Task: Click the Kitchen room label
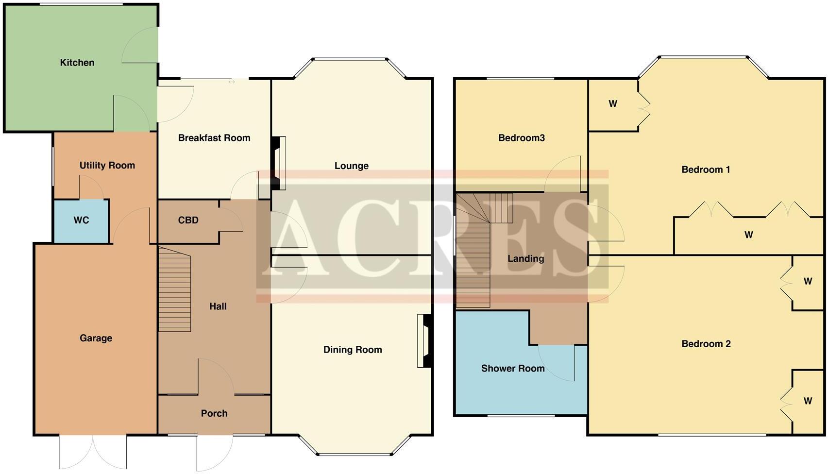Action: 77,63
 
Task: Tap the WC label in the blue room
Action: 81,220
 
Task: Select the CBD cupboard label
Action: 188,220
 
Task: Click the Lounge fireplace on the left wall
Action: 279,163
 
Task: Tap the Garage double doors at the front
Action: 93,452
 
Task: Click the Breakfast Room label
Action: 214,138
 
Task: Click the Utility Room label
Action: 107,166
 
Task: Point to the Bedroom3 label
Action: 521,138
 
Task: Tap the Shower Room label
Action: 512,369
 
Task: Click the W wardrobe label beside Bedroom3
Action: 612,104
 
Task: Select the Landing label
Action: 525,259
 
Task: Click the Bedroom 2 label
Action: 706,344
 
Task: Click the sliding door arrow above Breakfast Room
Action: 232,82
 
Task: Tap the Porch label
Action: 214,413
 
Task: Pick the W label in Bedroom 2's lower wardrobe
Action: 807,401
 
